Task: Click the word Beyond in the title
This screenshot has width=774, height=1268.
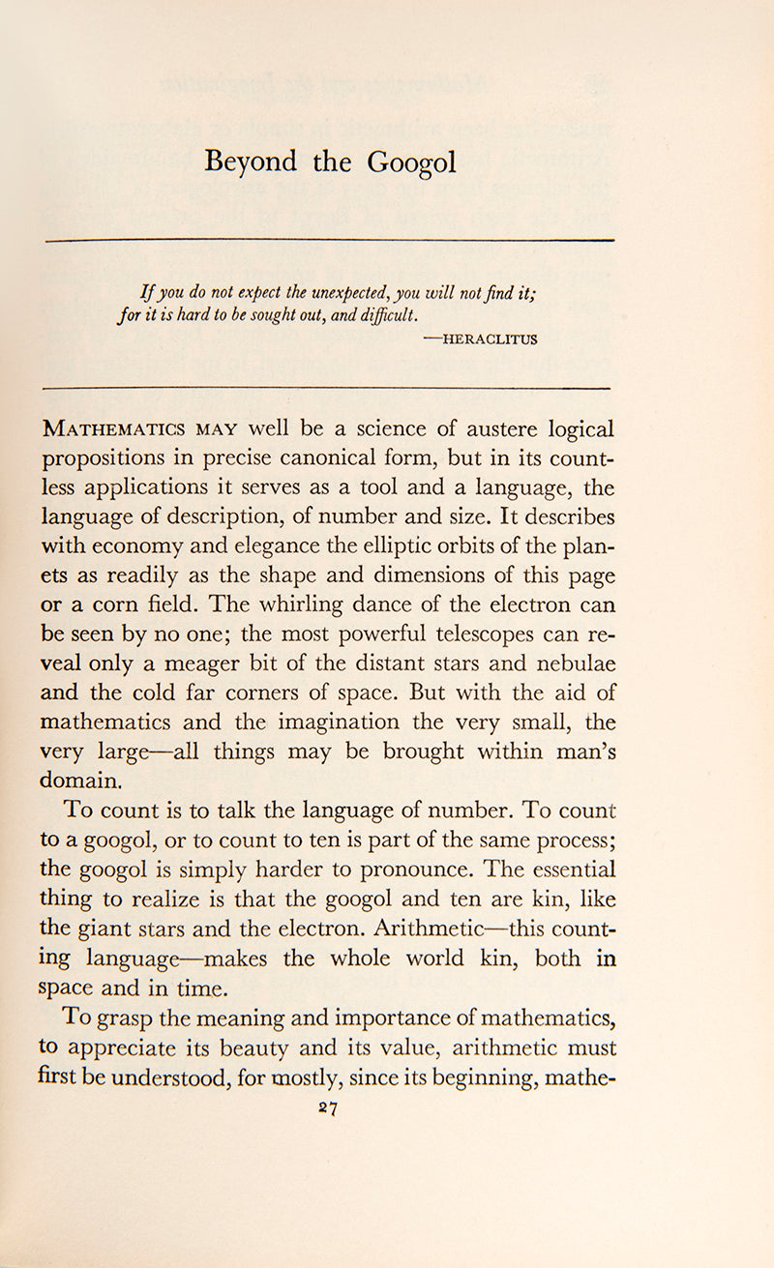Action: coord(251,162)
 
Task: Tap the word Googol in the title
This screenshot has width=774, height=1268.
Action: coord(411,162)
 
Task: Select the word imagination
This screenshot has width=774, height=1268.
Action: coord(335,722)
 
